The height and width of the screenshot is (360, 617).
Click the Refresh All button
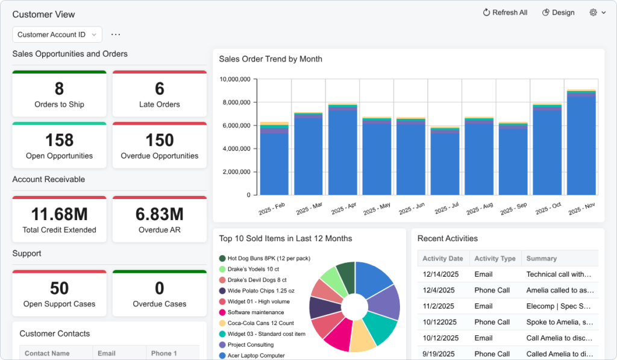click(x=505, y=13)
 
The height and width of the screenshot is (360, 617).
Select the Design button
click(x=558, y=13)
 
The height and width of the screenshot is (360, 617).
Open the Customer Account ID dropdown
click(x=57, y=35)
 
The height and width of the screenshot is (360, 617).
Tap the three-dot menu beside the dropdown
click(x=116, y=35)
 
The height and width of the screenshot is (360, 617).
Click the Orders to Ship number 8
click(x=59, y=89)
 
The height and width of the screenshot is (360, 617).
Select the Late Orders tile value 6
click(x=160, y=89)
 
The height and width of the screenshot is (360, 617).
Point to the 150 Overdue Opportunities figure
click(x=160, y=141)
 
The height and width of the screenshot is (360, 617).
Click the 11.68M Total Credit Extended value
click(x=59, y=214)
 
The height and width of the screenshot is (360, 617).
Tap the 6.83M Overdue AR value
click(x=160, y=214)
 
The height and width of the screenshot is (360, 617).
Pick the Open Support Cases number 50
click(x=59, y=288)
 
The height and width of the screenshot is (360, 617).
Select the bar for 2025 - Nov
click(x=581, y=145)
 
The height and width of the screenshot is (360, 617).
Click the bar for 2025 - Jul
click(x=445, y=163)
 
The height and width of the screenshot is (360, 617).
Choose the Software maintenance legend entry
click(x=255, y=312)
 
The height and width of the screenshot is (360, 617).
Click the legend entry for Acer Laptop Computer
click(x=256, y=355)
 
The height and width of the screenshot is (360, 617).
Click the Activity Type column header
click(x=495, y=258)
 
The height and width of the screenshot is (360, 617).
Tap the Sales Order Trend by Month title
click(x=271, y=59)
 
